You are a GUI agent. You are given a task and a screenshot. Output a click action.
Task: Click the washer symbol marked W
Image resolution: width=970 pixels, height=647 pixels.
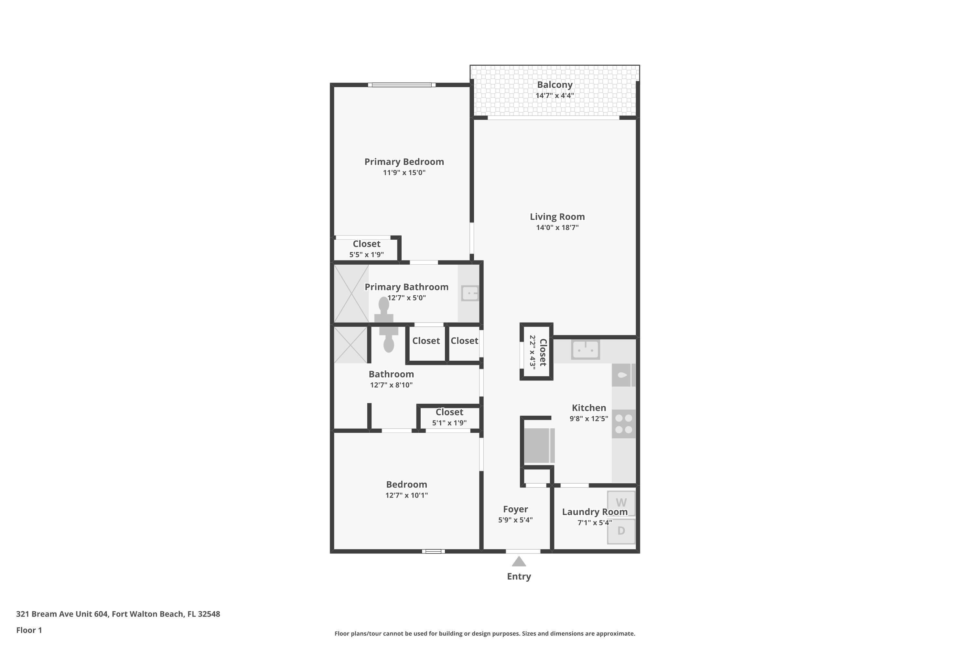click(x=621, y=503)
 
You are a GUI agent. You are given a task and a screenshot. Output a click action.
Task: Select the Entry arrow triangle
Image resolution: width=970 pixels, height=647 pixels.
click(x=519, y=562)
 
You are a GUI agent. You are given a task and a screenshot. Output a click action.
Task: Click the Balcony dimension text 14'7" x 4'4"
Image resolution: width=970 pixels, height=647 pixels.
click(x=555, y=96)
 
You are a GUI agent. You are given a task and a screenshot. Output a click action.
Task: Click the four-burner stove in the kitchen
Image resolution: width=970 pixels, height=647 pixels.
click(x=624, y=424)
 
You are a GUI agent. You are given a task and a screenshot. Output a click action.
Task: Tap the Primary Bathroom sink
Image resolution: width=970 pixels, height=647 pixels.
click(x=470, y=293)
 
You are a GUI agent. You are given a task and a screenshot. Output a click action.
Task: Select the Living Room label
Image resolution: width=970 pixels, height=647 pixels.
click(x=557, y=217)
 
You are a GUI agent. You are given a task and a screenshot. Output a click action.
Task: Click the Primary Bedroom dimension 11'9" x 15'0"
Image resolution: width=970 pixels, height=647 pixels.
click(x=404, y=172)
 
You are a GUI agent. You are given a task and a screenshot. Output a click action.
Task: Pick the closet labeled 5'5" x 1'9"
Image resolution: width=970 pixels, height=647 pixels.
click(x=366, y=249)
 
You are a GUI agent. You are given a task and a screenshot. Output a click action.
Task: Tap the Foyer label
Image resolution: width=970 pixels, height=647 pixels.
click(x=515, y=509)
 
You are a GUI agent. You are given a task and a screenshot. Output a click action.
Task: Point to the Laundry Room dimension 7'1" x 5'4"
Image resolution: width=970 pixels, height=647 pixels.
click(x=594, y=523)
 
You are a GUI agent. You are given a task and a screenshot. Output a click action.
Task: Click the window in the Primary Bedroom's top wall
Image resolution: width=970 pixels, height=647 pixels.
click(x=402, y=85)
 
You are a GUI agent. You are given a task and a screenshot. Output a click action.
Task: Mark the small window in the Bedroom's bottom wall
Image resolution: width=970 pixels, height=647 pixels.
click(x=433, y=551)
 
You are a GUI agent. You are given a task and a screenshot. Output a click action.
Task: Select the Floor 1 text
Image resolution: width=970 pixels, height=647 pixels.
click(x=29, y=630)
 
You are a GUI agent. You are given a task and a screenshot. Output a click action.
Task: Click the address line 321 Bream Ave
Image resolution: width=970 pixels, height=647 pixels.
click(x=118, y=614)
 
